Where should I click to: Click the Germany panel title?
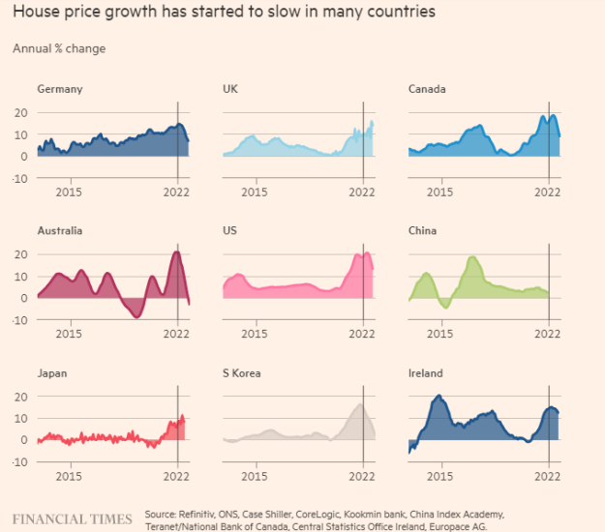pyautogui.click(x=59, y=89)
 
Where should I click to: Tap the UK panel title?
pyautogui.click(x=230, y=89)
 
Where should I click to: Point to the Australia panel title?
pyautogui.click(x=60, y=231)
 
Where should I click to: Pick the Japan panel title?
pyautogui.click(x=53, y=373)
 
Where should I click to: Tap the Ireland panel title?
pyautogui.click(x=426, y=373)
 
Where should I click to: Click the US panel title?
pyautogui.click(x=230, y=231)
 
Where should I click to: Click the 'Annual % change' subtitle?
pyautogui.click(x=59, y=48)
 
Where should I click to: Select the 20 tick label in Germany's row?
pyautogui.click(x=19, y=112)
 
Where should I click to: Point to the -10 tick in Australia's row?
pyautogui.click(x=17, y=320)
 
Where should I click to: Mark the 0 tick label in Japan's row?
pyautogui.click(x=22, y=440)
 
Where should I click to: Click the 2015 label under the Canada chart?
pyautogui.click(x=440, y=192)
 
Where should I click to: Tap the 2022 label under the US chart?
pyautogui.click(x=362, y=335)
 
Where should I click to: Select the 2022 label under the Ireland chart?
pyautogui.click(x=548, y=477)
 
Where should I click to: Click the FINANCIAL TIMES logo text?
pyautogui.click(x=72, y=519)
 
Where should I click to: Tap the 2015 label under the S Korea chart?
pyautogui.click(x=255, y=477)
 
